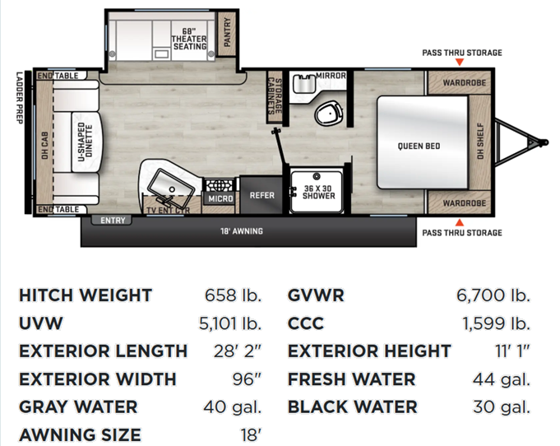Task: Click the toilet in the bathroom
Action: [x=329, y=114]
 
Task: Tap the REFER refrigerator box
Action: [x=261, y=195]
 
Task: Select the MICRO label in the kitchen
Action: [x=220, y=198]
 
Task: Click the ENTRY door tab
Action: [x=112, y=221]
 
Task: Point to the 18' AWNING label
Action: [x=242, y=231]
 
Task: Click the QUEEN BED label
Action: [x=419, y=146]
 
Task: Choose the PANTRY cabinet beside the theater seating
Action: [x=227, y=33]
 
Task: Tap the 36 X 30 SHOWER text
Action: [x=318, y=192]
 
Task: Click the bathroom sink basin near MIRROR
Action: [x=303, y=84]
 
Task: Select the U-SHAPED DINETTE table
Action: [x=86, y=142]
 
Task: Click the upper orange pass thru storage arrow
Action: [x=460, y=63]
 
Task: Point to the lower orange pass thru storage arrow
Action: [x=460, y=223]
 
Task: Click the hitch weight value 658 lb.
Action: [x=233, y=295]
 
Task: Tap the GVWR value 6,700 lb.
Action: [x=493, y=295]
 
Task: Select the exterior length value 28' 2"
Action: [x=238, y=351]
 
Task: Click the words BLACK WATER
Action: [x=352, y=407]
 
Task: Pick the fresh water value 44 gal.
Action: [x=502, y=379]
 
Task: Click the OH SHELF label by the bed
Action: [x=480, y=142]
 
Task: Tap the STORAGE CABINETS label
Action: [x=275, y=95]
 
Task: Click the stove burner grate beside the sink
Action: [x=219, y=185]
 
